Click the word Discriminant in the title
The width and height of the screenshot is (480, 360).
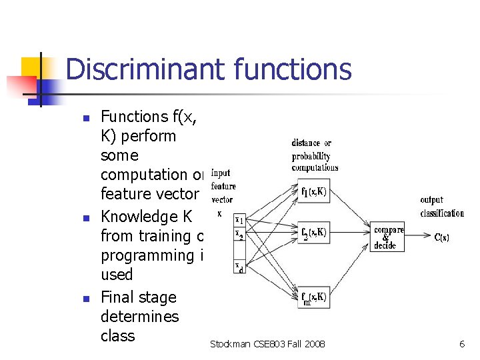coord(147,69)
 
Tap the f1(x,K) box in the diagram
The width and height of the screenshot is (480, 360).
coord(312,192)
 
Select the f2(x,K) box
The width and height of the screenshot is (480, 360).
coord(312,233)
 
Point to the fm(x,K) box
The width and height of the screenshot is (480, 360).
coord(312,299)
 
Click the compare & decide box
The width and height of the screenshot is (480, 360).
coord(389,238)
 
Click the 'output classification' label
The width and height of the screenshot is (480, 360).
coord(441,206)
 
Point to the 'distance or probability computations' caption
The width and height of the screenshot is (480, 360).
coord(314,155)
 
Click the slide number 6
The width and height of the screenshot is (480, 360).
coord(462,344)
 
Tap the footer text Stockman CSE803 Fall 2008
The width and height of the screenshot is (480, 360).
coord(267,344)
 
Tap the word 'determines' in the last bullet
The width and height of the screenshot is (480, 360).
coord(139,316)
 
